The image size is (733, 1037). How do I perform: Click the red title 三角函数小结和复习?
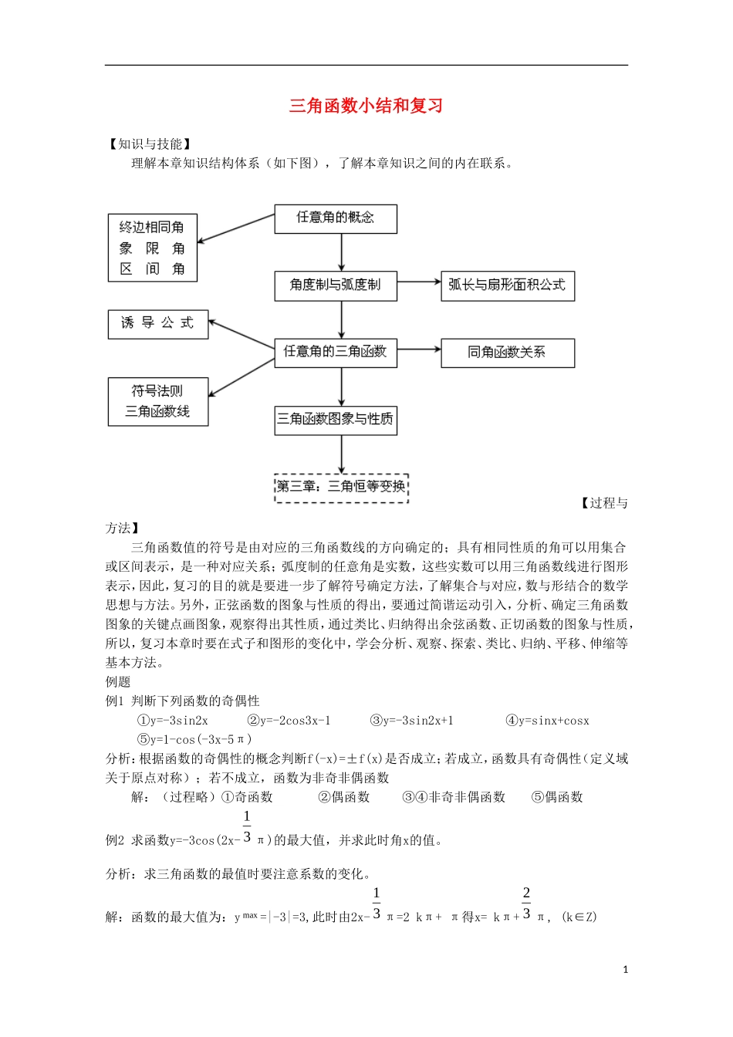(366, 106)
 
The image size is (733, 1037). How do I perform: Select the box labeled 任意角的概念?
(336, 218)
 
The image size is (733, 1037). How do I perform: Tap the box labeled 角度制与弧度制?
(336, 285)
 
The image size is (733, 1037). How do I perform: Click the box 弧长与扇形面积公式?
(507, 285)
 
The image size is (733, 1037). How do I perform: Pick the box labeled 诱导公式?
(158, 324)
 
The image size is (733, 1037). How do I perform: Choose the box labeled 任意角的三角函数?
(336, 353)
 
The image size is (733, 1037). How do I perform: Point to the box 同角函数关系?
(507, 353)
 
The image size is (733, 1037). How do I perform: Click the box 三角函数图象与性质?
(336, 420)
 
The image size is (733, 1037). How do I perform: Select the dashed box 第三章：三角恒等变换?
(341, 487)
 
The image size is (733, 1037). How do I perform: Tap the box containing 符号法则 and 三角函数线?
(158, 401)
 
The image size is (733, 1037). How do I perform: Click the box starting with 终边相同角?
(152, 248)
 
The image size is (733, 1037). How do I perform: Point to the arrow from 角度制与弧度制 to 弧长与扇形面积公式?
(418, 282)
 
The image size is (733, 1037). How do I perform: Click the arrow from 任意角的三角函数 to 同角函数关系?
(418, 350)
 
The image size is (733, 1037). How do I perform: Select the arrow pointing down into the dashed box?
(342, 454)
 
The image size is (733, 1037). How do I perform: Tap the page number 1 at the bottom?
(625, 970)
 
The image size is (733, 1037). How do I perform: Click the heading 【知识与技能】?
(150, 144)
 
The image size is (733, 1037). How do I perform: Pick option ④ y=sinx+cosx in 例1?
(547, 721)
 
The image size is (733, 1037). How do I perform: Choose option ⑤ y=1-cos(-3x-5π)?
(194, 739)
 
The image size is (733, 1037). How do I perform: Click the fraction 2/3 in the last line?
(526, 904)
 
